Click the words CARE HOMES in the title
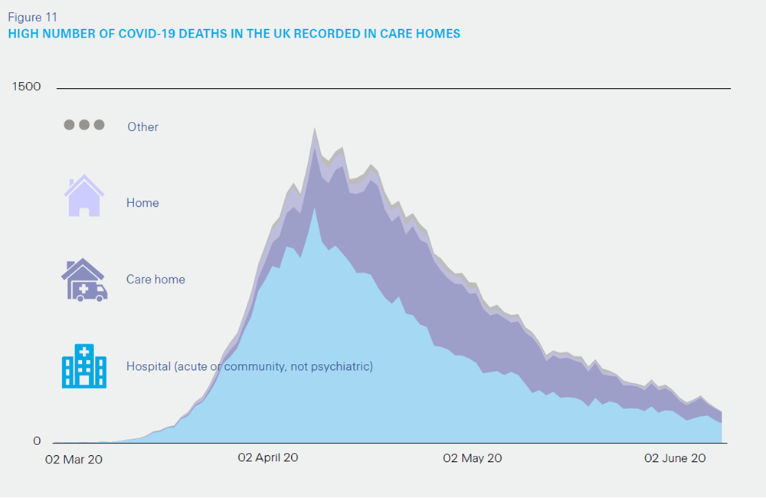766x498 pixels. pyautogui.click(x=424, y=34)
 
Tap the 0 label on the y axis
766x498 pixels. pyautogui.click(x=37, y=441)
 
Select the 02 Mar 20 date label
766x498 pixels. pyautogui.click(x=74, y=459)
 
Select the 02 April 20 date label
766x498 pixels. pyautogui.click(x=268, y=458)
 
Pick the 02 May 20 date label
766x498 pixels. pyautogui.click(x=473, y=458)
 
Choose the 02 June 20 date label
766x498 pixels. pyautogui.click(x=675, y=458)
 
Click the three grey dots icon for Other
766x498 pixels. pyautogui.click(x=83, y=125)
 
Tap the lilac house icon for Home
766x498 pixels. pyautogui.click(x=83, y=196)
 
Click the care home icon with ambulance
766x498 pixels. pyautogui.click(x=83, y=280)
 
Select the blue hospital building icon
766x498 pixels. pyautogui.click(x=83, y=365)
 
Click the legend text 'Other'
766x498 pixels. pyautogui.click(x=142, y=127)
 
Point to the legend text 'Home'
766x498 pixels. pyautogui.click(x=142, y=203)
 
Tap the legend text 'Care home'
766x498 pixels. pyautogui.click(x=155, y=280)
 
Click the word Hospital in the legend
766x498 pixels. pyautogui.click(x=148, y=367)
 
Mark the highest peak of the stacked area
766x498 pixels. pyautogui.click(x=314, y=130)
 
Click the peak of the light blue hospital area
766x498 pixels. pyautogui.click(x=314, y=208)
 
